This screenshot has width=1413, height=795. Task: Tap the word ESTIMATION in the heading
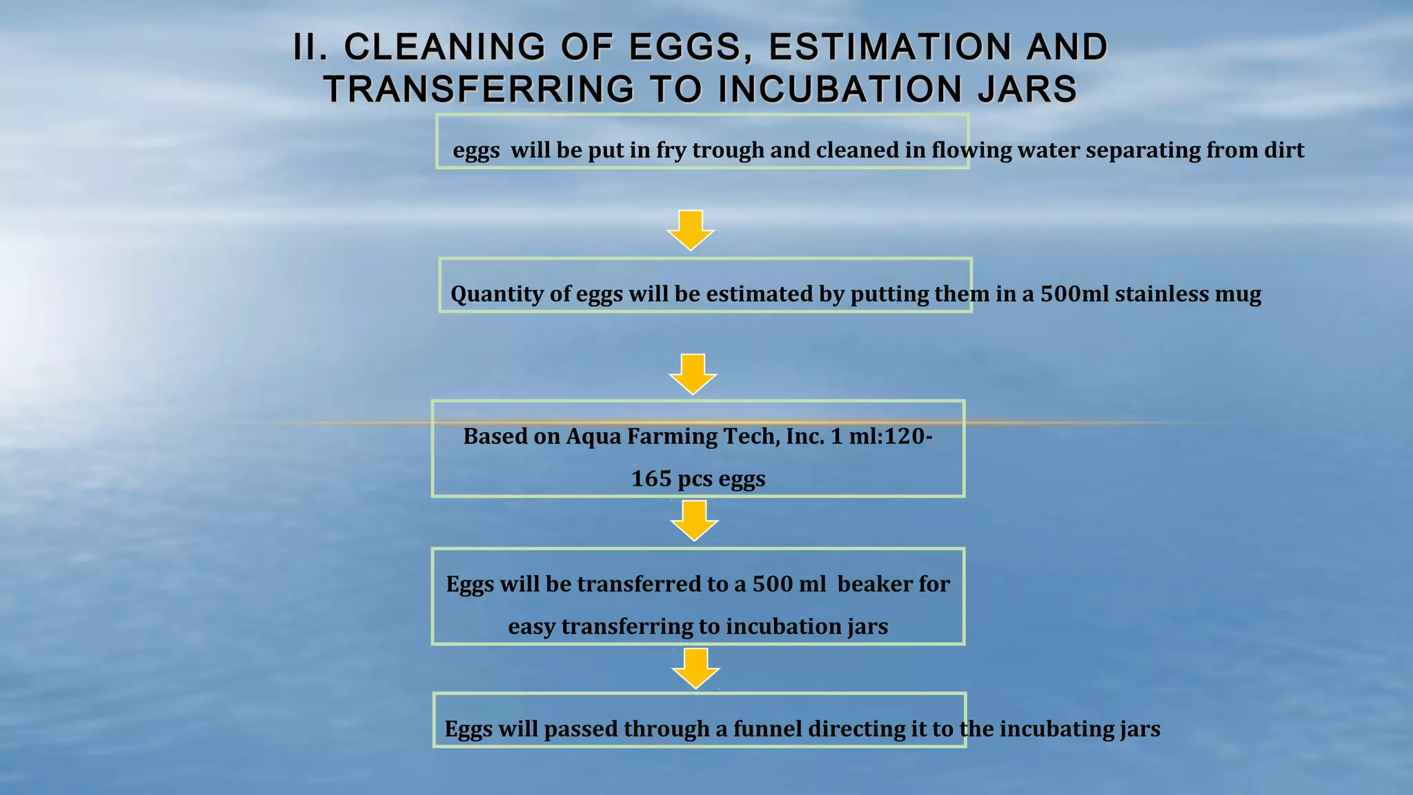[889, 48]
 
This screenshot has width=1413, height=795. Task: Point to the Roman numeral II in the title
[310, 48]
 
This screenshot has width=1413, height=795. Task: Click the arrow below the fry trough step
[690, 230]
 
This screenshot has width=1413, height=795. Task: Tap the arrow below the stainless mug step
[693, 374]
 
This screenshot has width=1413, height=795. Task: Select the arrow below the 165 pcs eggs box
[694, 520]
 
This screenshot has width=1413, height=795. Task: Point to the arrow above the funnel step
[695, 668]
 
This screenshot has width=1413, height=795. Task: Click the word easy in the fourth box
[532, 627]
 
